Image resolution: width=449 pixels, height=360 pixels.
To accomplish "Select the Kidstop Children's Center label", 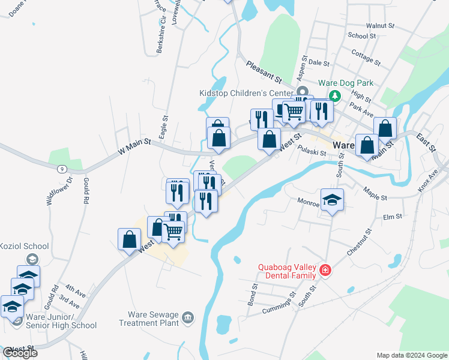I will tap(246, 93).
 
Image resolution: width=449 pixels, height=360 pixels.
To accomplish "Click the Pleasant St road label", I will tap(263, 70).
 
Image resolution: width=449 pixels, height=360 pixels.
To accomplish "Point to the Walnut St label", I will tap(379, 26).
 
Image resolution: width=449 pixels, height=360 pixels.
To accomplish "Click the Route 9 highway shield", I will tap(62, 169).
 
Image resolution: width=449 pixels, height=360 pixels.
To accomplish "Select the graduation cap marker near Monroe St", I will tap(332, 200).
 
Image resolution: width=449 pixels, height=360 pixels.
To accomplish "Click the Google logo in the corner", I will tap(20, 353).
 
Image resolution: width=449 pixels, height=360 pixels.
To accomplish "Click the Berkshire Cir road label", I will tap(160, 38).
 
